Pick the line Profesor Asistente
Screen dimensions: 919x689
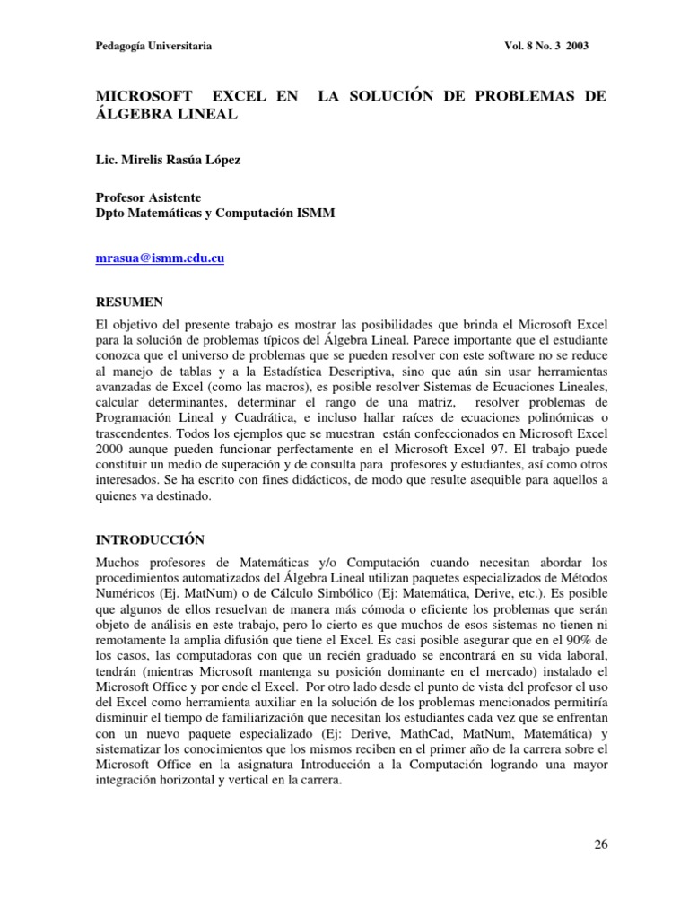click(148, 197)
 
